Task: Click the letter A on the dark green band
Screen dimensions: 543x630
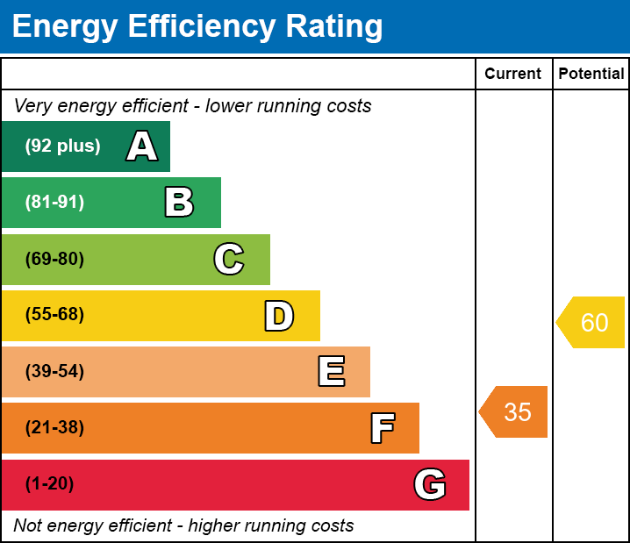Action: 142,146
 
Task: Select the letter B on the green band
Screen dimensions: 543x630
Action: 179,203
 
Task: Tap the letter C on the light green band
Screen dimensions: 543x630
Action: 229,259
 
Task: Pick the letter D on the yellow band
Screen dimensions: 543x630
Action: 279,316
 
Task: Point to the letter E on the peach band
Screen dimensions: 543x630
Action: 331,372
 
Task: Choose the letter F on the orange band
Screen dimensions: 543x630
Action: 382,428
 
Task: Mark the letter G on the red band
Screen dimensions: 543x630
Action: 430,484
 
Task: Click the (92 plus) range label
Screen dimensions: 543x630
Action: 62,146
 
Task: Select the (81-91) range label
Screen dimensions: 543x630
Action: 54,203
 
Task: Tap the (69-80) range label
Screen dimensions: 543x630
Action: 54,259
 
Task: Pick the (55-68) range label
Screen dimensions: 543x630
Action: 54,315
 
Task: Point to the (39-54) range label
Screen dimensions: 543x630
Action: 54,372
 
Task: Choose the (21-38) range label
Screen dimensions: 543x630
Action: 54,428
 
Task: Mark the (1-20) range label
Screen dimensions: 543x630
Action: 50,484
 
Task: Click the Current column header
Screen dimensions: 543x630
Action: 513,75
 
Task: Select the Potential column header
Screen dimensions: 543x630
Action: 591,75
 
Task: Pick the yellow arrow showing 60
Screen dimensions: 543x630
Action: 591,323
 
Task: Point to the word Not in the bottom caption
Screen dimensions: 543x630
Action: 28,526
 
